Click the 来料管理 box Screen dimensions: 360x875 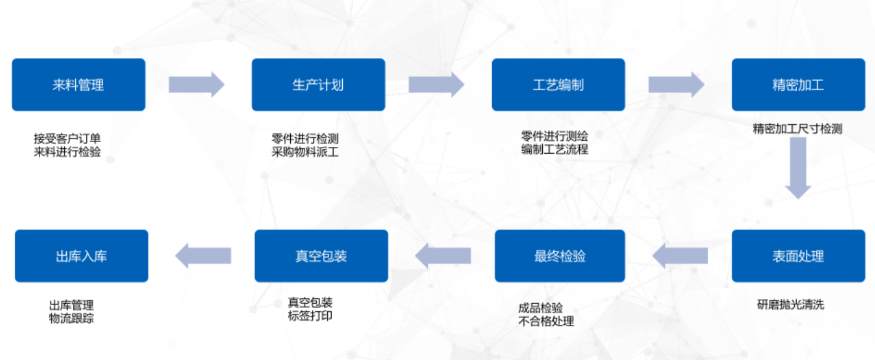pos(78,85)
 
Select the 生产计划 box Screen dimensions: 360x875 pos(318,85)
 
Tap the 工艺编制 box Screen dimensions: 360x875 pos(558,85)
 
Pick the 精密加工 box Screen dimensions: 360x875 pos(798,85)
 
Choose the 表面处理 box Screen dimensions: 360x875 pos(798,256)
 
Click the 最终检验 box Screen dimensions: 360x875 pos(560,256)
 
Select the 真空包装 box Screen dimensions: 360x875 pos(321,256)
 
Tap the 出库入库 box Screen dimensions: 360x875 pos(82,256)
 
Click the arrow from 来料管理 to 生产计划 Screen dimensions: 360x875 pos(197,85)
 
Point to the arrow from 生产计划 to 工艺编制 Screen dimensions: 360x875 pos(437,85)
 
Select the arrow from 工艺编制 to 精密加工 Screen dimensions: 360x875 pos(676,85)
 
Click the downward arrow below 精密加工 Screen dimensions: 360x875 pos(798,167)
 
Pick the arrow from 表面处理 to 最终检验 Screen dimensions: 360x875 pos(680,256)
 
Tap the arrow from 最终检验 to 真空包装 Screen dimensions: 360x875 pos(443,256)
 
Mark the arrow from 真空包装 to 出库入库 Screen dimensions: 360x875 pos(203,256)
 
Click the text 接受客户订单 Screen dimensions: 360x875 pos(67,139)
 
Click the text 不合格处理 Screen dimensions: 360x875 pos(546,321)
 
